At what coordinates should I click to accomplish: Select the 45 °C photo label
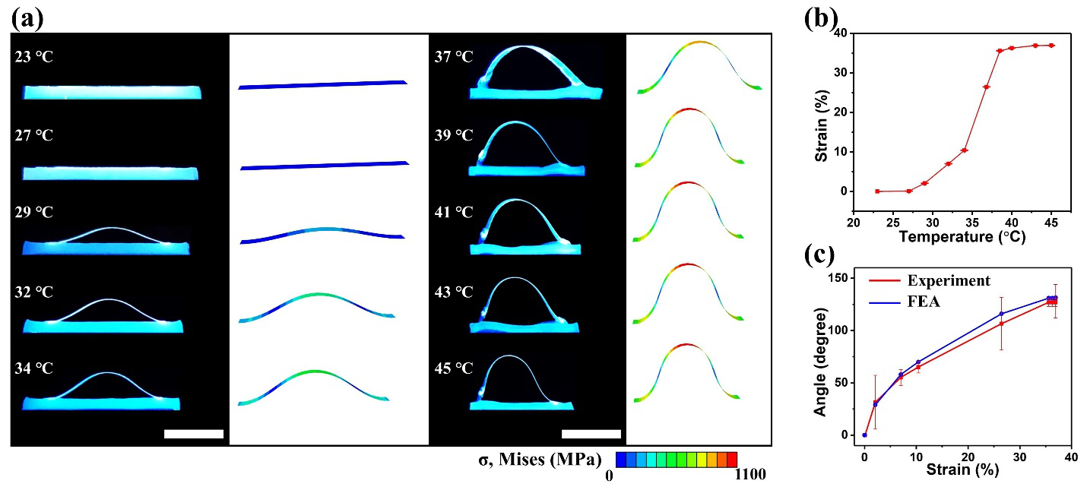[453, 368]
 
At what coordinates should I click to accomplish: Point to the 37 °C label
[453, 56]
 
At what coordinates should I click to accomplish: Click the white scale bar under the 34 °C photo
[193, 434]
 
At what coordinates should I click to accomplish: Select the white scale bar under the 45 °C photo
[591, 434]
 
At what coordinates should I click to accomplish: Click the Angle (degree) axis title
[820, 362]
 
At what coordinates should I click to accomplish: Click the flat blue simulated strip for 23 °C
[323, 84]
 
